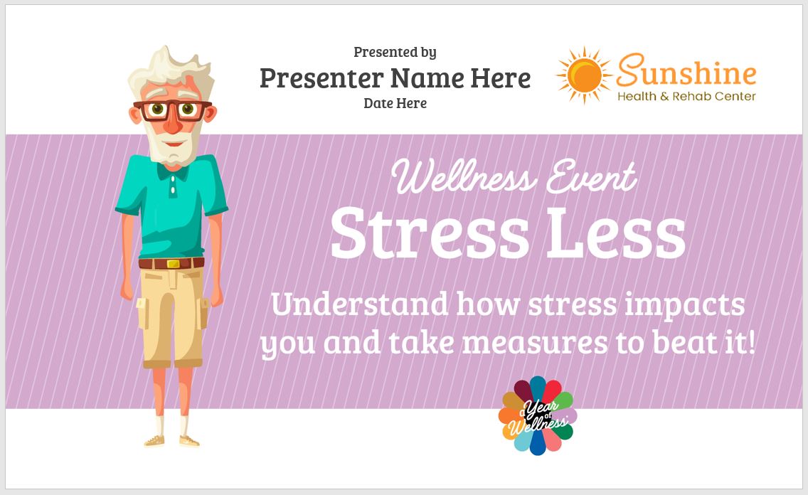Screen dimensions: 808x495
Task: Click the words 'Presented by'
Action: click(395, 52)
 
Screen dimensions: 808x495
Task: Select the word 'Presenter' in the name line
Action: click(321, 78)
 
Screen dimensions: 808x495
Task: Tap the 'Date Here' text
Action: click(395, 103)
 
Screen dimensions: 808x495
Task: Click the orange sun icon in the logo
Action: click(584, 75)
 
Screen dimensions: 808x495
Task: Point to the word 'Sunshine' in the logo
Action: click(686, 70)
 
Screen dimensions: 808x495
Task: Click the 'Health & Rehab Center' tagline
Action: click(686, 96)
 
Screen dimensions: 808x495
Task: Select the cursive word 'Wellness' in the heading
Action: click(464, 176)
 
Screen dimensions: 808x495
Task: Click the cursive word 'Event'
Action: click(591, 176)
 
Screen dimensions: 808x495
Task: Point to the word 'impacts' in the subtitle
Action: click(684, 306)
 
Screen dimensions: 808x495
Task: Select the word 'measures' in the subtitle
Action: click(535, 344)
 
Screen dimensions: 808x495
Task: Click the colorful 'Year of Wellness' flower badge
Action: click(538, 415)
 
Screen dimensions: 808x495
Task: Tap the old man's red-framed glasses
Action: click(172, 110)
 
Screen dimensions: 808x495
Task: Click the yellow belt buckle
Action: click(173, 264)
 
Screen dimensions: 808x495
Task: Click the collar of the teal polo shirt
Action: click(173, 170)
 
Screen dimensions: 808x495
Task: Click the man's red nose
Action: click(173, 122)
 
